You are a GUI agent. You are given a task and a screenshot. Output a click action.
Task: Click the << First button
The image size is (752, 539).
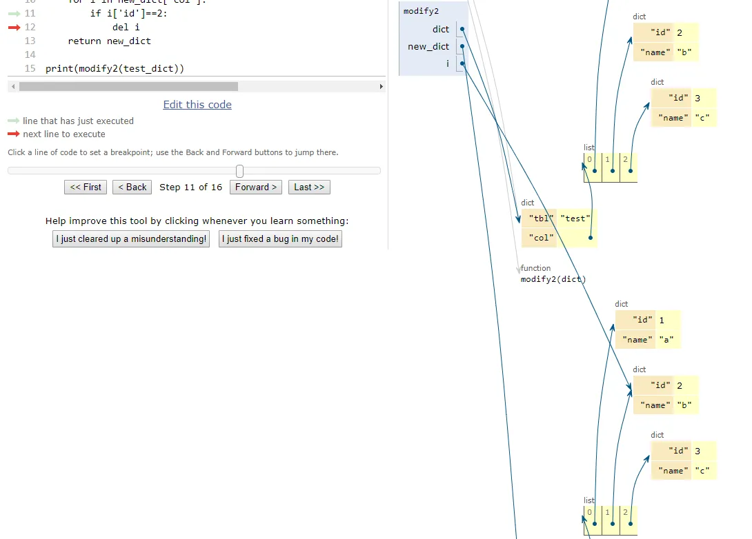(x=86, y=187)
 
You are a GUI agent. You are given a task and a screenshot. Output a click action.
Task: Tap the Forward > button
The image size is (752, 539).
(x=256, y=187)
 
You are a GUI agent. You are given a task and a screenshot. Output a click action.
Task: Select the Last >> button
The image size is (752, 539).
(x=309, y=187)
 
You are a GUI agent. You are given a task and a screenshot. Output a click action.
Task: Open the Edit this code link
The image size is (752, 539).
(x=197, y=105)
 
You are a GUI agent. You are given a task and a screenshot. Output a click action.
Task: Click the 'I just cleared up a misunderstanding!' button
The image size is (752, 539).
(x=131, y=239)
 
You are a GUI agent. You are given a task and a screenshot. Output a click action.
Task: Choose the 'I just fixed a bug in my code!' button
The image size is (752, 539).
(x=280, y=239)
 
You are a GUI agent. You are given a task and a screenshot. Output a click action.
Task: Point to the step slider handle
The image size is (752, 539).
(x=239, y=171)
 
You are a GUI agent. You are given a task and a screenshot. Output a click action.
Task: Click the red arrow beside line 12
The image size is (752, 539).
(x=14, y=28)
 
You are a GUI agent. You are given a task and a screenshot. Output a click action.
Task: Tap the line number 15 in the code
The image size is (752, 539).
(x=30, y=68)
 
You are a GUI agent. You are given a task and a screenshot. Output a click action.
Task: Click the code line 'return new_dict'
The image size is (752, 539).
(x=109, y=41)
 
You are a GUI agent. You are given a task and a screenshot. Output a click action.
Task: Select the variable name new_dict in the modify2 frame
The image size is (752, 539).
(x=428, y=47)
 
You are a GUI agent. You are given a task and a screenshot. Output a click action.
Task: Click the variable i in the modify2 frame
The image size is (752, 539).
(x=447, y=63)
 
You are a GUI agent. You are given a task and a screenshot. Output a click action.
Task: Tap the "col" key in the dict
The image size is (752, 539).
(x=541, y=238)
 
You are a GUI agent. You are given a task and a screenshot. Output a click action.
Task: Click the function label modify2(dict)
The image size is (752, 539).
(x=553, y=279)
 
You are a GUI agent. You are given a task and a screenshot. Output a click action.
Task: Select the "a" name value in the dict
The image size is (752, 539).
(x=666, y=340)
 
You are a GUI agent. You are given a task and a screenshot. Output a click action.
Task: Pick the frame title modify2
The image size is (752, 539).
(x=421, y=11)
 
